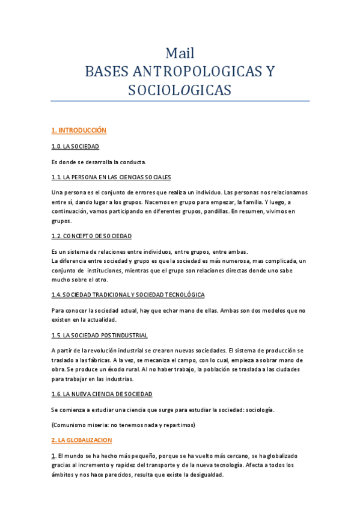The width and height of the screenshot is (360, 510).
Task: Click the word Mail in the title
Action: pos(180,53)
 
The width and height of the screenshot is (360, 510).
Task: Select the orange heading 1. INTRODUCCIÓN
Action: pos(79,130)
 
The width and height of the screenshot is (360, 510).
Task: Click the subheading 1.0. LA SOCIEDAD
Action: pos(75,146)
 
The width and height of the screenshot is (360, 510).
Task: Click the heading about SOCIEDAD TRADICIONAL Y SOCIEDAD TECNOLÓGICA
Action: pos(128,295)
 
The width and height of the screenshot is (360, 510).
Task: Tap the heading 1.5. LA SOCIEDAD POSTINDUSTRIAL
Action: pos(100,335)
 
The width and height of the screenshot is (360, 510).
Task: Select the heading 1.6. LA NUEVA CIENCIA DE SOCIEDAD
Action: pos(102,394)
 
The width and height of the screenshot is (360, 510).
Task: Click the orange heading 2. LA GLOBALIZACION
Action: pos(82,440)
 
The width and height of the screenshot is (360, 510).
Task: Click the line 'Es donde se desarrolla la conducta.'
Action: pos(99,162)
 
